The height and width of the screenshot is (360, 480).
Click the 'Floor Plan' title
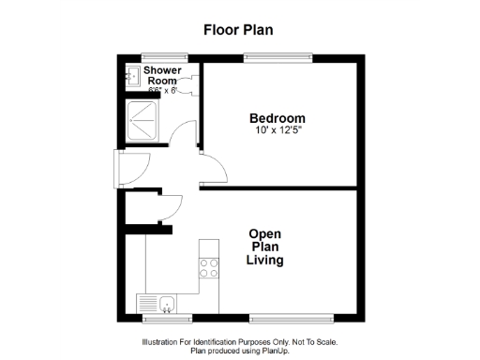point(238,29)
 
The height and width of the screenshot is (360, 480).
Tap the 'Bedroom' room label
point(277,117)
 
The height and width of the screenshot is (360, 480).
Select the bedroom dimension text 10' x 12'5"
point(277,129)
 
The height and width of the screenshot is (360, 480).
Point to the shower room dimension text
point(156,91)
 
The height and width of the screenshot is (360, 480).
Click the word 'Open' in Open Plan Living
point(265,233)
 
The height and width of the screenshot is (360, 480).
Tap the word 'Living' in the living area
point(265,260)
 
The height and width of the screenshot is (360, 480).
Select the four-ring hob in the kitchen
point(208,270)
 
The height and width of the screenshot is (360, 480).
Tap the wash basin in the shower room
point(133,76)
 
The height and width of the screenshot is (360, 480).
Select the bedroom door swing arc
point(216,169)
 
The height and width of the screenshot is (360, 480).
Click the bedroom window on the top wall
point(277,57)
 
